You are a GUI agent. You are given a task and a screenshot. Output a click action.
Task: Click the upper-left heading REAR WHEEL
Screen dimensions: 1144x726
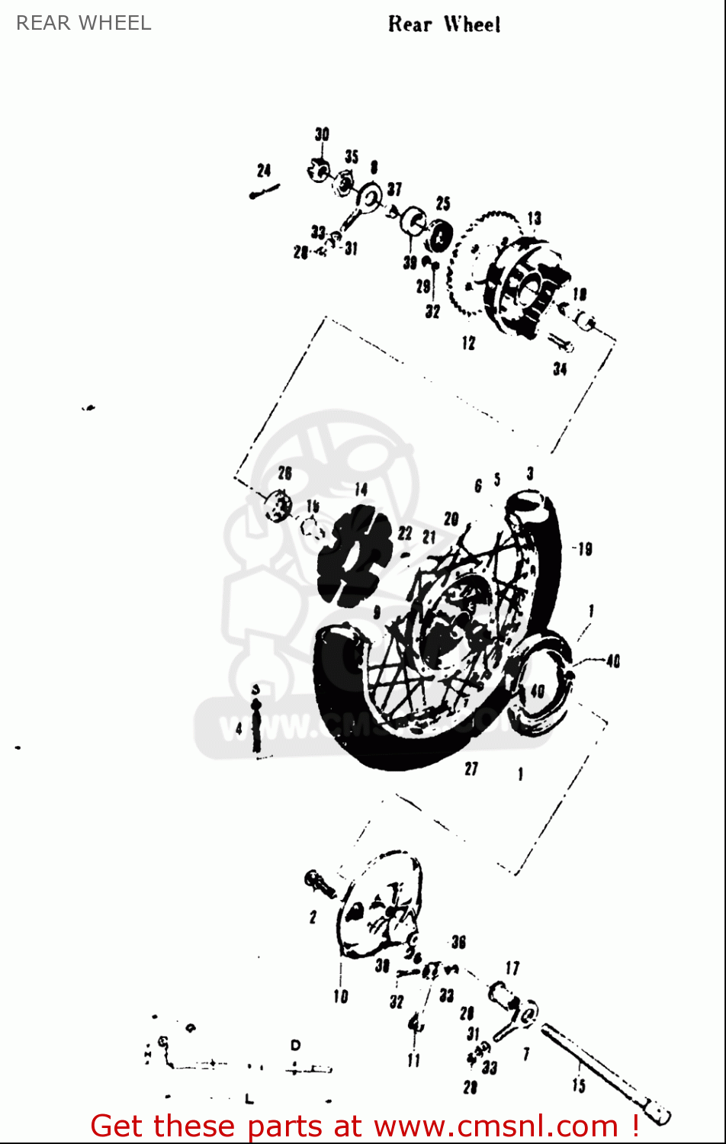pyautogui.click(x=84, y=23)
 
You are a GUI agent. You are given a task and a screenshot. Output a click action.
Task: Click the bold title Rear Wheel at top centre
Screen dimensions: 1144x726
pyautogui.click(x=444, y=24)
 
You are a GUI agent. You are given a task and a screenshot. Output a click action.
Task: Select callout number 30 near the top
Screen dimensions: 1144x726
pyautogui.click(x=322, y=135)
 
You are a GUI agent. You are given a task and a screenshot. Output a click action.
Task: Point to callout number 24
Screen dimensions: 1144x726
pyautogui.click(x=264, y=171)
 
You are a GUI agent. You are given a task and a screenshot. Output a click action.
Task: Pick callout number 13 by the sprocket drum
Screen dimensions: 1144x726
pyautogui.click(x=534, y=220)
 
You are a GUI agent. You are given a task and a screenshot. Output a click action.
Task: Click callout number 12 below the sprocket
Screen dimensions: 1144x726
pyautogui.click(x=467, y=343)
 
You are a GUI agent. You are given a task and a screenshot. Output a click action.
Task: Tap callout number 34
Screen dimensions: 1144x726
pyautogui.click(x=560, y=369)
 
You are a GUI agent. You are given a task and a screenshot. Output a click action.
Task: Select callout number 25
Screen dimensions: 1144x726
pyautogui.click(x=443, y=204)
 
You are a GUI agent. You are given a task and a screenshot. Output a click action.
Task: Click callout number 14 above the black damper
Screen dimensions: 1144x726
pyautogui.click(x=361, y=490)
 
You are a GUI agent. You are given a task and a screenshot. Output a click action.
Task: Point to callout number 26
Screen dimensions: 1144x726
pyautogui.click(x=284, y=474)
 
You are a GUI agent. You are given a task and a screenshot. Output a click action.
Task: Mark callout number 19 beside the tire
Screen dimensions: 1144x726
pyautogui.click(x=584, y=549)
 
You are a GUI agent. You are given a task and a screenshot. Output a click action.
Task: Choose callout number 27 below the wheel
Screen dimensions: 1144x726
pyautogui.click(x=471, y=769)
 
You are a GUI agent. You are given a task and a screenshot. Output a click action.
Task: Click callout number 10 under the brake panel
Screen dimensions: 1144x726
pyautogui.click(x=340, y=996)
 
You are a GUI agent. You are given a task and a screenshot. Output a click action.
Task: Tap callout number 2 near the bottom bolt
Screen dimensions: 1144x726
pyautogui.click(x=313, y=917)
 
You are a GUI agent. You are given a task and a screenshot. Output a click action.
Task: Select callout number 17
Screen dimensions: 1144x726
pyautogui.click(x=512, y=969)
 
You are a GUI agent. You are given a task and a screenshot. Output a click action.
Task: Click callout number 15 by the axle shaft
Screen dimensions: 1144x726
pyautogui.click(x=579, y=1085)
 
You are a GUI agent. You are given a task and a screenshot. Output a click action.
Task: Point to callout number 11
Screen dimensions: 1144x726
pyautogui.click(x=413, y=1060)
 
